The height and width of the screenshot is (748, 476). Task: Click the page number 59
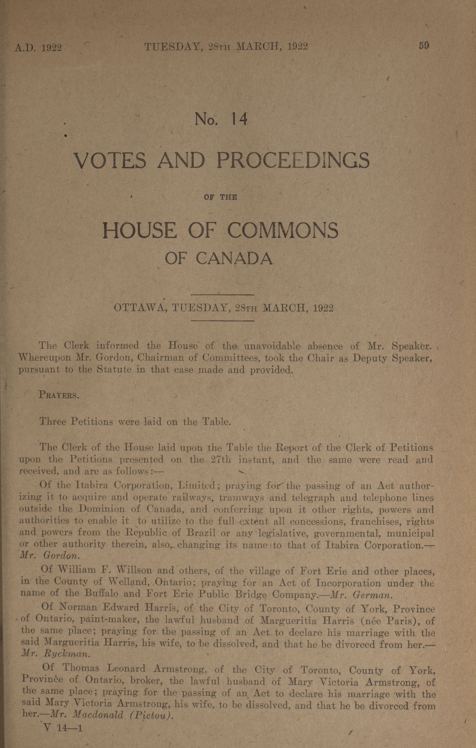coord(424,46)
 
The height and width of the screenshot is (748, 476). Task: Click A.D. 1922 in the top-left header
coord(38,48)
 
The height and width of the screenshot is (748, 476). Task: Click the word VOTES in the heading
coord(110,160)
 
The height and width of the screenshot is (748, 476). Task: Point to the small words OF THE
coord(221,197)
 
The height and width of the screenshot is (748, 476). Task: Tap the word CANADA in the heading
coord(235,258)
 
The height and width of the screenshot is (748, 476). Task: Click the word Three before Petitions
coord(53,422)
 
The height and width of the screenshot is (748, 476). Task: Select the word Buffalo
coord(101,593)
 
